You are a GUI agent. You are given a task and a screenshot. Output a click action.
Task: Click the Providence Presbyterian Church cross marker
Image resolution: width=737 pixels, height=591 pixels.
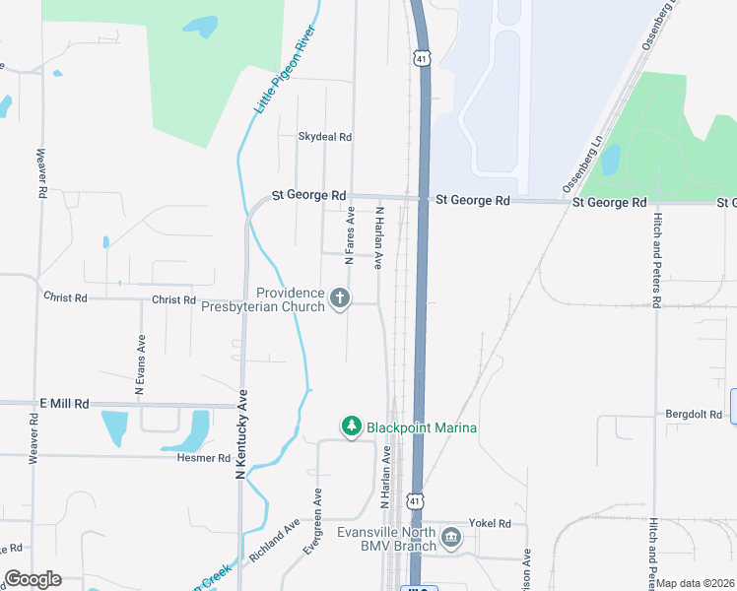(x=340, y=298)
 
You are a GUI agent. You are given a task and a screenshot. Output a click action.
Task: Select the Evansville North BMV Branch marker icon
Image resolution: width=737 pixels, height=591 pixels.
(x=451, y=537)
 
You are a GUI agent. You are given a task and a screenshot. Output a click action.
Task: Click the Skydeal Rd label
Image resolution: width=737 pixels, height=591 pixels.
(x=325, y=137)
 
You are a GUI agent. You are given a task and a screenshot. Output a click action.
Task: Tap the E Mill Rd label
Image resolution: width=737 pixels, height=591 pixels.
(x=64, y=404)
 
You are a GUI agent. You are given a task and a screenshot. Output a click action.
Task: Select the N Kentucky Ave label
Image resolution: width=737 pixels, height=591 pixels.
(x=241, y=434)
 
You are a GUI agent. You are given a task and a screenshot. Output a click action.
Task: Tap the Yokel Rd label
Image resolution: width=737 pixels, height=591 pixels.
(x=491, y=524)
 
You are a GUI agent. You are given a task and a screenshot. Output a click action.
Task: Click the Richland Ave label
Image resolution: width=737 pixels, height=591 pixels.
(x=275, y=542)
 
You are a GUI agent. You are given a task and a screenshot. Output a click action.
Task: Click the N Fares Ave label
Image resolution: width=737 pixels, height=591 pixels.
(x=349, y=235)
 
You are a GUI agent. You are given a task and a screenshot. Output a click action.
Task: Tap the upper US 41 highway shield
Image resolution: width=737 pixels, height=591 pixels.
(x=422, y=59)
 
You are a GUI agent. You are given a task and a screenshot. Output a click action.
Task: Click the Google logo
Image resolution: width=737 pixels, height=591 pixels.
(x=33, y=579)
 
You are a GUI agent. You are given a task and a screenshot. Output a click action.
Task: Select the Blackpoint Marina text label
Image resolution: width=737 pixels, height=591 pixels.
(x=422, y=427)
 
